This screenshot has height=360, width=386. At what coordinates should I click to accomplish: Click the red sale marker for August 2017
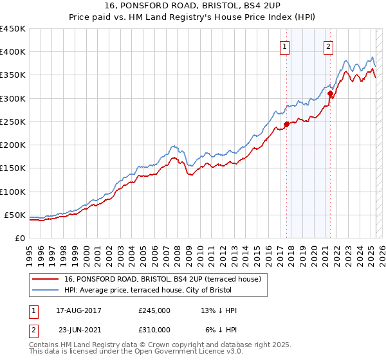pos(286,125)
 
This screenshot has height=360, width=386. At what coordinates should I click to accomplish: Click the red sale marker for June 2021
pos(330,94)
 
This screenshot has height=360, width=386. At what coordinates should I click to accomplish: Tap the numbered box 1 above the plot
pos(284,46)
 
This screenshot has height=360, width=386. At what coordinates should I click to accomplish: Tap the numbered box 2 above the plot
pos(328,46)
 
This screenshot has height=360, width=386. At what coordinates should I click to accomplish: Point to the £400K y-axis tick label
pos(13,52)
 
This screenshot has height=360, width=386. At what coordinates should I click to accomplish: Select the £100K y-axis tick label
pos(13,192)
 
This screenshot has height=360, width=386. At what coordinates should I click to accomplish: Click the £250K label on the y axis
pos(13,122)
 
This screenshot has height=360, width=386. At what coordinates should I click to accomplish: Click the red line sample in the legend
pos(46,279)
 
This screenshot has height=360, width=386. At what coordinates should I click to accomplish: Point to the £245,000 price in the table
pos(154,310)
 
